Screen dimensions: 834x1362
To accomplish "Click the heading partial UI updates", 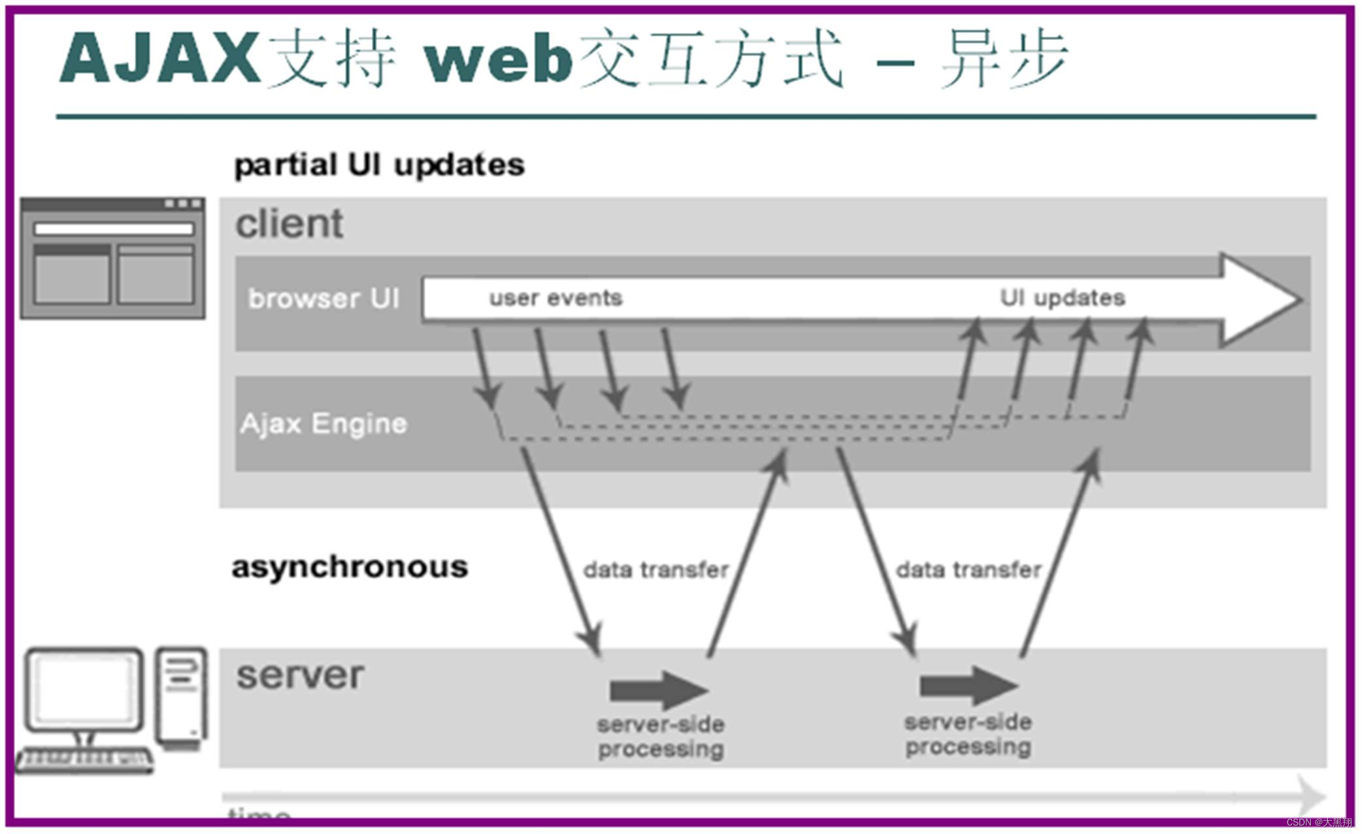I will [379, 165].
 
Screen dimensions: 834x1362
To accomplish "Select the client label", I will [289, 223].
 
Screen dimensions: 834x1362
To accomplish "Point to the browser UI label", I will [324, 298].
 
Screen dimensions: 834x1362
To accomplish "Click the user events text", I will [556, 298].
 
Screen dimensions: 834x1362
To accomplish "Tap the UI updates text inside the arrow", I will [1062, 298].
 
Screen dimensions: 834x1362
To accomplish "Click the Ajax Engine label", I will [324, 423].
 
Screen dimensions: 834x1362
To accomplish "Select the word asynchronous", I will [350, 566].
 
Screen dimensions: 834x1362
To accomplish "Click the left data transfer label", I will [656, 569].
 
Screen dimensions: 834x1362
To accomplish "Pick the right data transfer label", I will [968, 569].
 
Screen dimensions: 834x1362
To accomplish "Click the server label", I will [300, 675].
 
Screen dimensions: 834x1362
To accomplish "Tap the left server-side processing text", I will [661, 737].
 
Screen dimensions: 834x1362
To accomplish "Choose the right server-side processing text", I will [968, 734].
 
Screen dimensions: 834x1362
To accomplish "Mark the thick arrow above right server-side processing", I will [968, 686].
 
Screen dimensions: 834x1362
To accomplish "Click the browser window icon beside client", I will [113, 259].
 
